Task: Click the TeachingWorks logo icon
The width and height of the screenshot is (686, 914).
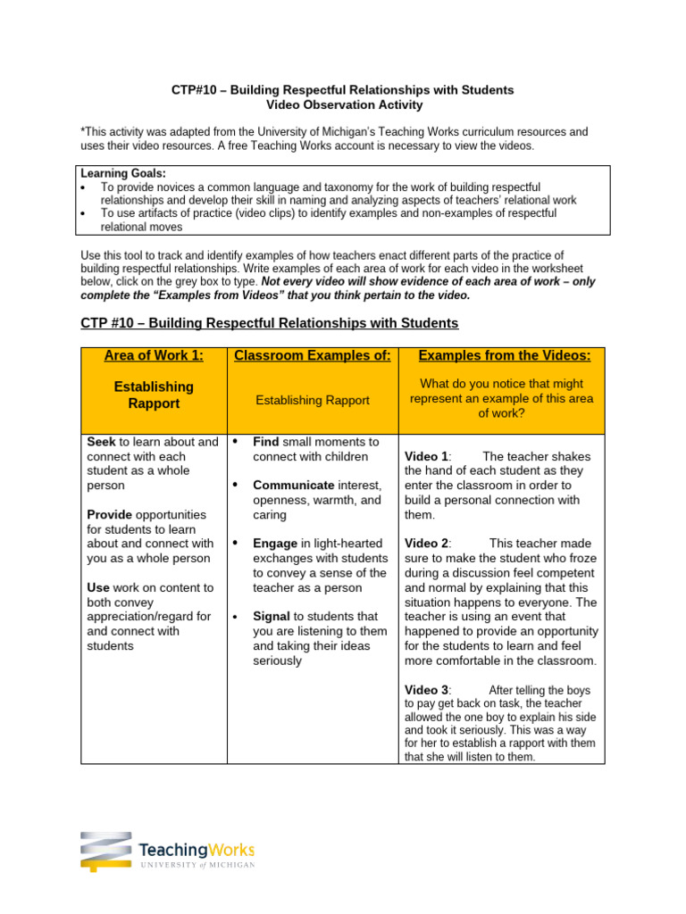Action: coord(105,852)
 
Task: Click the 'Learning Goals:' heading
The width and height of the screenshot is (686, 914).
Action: coord(121,173)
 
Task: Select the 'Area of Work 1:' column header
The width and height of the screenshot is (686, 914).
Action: coord(154,355)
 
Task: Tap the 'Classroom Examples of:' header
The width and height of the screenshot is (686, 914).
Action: coord(312,355)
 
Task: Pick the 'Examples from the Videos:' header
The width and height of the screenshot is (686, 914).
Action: coord(505,355)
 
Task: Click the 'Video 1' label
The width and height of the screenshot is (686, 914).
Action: coord(425,456)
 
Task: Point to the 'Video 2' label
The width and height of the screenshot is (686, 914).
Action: coord(426,543)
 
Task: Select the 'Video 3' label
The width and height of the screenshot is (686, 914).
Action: coord(426,690)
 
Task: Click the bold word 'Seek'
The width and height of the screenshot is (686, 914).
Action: coord(101,442)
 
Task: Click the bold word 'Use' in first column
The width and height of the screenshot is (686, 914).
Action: coord(98,587)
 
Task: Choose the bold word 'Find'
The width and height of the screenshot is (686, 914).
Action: coord(266,442)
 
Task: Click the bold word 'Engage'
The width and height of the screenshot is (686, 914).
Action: coord(276,543)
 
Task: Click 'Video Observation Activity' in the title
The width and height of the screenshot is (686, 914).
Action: coord(342,104)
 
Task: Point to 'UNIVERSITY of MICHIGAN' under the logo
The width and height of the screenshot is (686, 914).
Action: coord(197,865)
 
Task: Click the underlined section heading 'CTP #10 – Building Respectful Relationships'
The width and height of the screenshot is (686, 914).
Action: coord(269,323)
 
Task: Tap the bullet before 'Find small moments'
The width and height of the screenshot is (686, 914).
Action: coord(234,442)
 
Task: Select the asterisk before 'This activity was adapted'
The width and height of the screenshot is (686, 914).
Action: coord(83,131)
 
